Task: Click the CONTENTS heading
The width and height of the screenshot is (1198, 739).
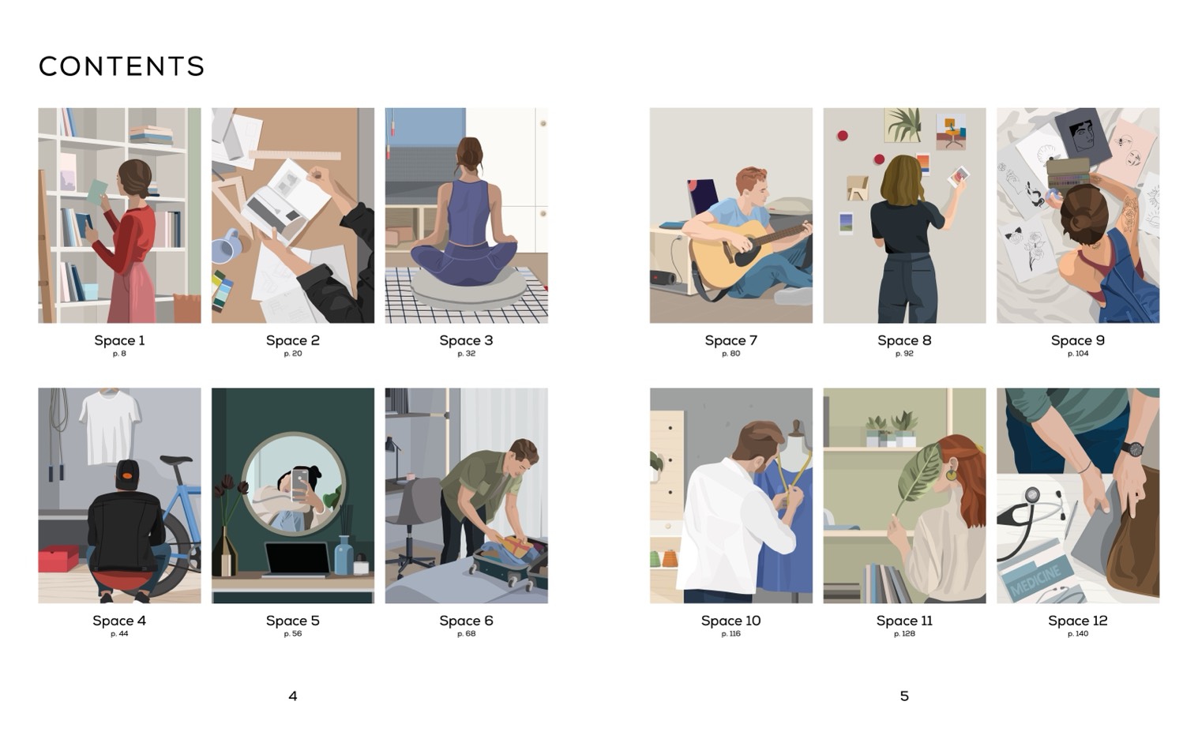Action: pyautogui.click(x=122, y=66)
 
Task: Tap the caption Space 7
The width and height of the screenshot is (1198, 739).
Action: pyautogui.click(x=730, y=340)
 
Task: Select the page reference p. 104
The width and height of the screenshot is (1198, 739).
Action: pyautogui.click(x=1078, y=354)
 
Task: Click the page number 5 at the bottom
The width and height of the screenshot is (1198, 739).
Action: pyautogui.click(x=904, y=696)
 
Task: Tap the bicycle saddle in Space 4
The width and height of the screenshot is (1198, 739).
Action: pyautogui.click(x=175, y=460)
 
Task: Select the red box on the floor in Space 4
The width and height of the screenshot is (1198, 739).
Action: pyautogui.click(x=58, y=558)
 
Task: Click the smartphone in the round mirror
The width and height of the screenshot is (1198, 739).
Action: pyautogui.click(x=299, y=485)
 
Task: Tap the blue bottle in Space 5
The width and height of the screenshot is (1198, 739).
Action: pyautogui.click(x=344, y=556)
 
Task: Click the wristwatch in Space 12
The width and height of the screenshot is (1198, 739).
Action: pyautogui.click(x=1132, y=448)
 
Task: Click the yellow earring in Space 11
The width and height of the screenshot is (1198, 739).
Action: pyautogui.click(x=952, y=475)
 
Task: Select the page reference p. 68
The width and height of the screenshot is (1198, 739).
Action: pyautogui.click(x=466, y=634)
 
